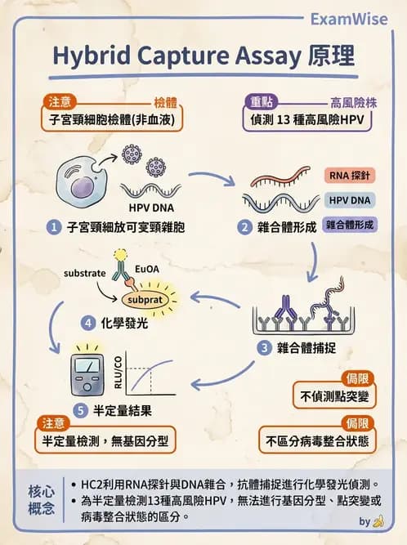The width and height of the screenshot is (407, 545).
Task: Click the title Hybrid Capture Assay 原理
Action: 203,56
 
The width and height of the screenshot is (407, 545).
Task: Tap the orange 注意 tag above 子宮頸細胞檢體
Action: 60,102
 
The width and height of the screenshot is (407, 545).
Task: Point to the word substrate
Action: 85,271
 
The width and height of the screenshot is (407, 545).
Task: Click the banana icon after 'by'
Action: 378,520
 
